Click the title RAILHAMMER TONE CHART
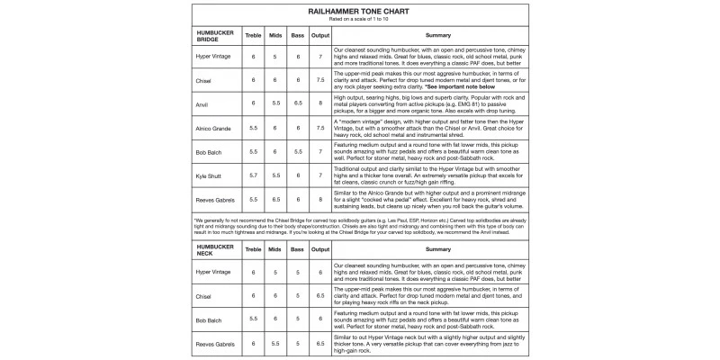point(359,11)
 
